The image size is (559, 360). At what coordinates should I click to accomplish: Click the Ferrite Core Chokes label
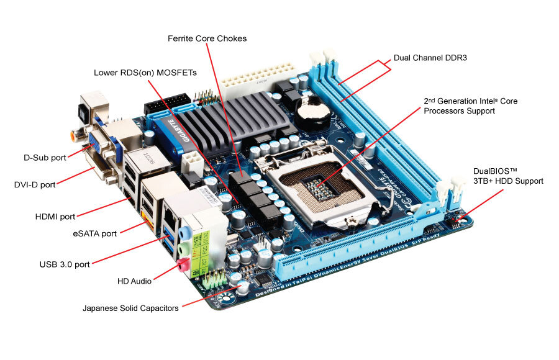(207, 38)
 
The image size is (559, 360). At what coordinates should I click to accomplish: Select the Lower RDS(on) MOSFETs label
(145, 73)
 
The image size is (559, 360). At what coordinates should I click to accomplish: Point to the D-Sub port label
(42, 158)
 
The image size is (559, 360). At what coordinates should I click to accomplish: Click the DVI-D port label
(35, 184)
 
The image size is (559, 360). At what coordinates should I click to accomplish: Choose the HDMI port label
(55, 217)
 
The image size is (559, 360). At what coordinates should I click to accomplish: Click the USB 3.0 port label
(65, 264)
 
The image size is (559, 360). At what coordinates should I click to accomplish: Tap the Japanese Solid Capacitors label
(130, 308)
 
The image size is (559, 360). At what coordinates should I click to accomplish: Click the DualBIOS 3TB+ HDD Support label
(508, 176)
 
